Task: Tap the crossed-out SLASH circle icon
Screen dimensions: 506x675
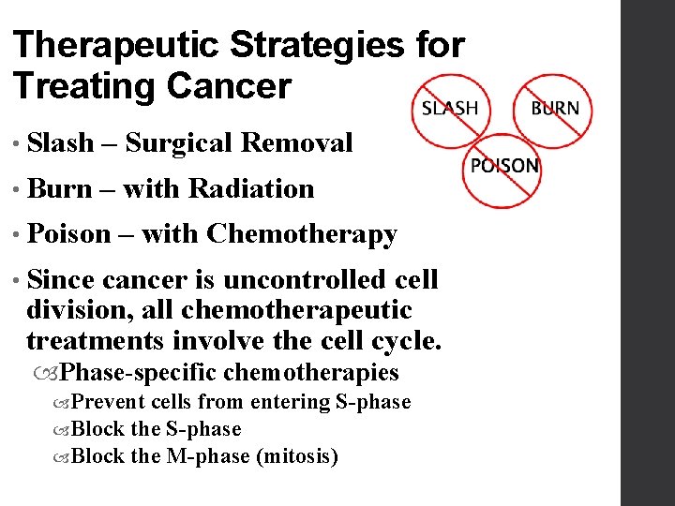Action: click(449, 108)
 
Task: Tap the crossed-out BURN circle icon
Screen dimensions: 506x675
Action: click(555, 108)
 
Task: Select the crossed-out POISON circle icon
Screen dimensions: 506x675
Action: click(504, 167)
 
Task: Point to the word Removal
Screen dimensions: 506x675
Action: click(296, 143)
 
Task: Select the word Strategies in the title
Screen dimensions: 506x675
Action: click(324, 46)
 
